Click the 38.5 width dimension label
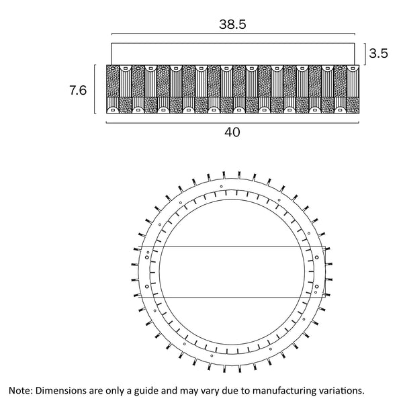click(x=232, y=24)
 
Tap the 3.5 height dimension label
click(x=379, y=54)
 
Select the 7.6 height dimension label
click(x=78, y=90)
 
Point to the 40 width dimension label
click(x=232, y=132)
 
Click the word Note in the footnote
click(x=19, y=390)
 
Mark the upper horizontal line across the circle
click(x=232, y=247)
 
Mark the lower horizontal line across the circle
click(x=232, y=296)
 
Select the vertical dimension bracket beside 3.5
click(x=364, y=53)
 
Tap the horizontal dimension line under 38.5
click(x=232, y=34)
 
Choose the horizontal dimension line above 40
click(x=232, y=122)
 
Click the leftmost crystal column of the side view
click(x=112, y=89)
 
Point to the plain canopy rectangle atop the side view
click(x=232, y=54)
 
